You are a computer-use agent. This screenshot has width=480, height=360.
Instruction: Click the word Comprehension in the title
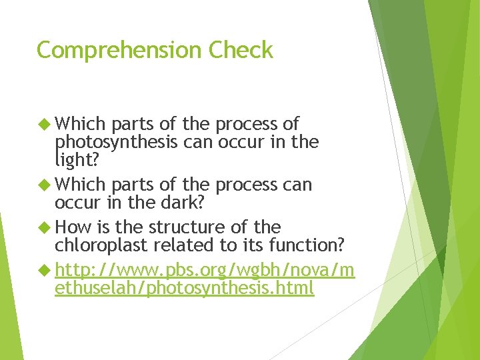120,51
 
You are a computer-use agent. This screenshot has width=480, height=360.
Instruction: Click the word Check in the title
241,50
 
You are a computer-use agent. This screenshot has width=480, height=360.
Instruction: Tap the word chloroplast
101,245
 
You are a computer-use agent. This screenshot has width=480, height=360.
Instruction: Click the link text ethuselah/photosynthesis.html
184,289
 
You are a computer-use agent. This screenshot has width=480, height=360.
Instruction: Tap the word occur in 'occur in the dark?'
75,202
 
